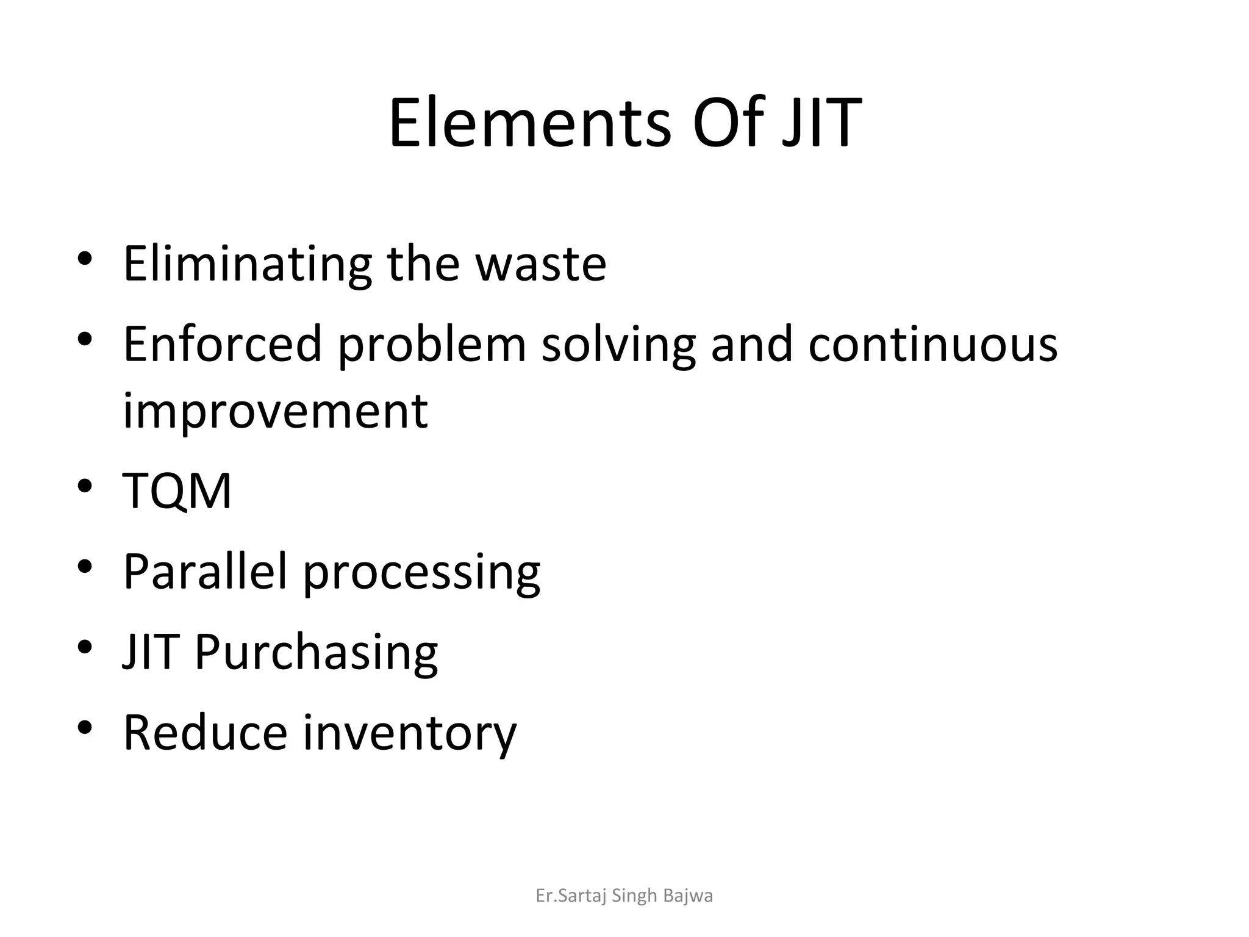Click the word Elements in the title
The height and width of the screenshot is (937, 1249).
click(x=529, y=124)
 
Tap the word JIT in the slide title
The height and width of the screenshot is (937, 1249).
click(x=821, y=124)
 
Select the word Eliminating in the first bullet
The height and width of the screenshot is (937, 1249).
click(x=248, y=264)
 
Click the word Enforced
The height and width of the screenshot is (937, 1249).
click(x=223, y=343)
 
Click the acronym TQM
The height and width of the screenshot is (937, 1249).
click(x=177, y=490)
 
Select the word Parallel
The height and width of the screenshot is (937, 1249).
click(x=205, y=571)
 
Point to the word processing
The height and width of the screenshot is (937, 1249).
click(x=421, y=573)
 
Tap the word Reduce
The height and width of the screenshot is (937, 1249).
click(x=205, y=732)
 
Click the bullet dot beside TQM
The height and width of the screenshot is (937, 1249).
click(x=85, y=486)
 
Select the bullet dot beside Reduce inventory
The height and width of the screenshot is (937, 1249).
click(x=85, y=727)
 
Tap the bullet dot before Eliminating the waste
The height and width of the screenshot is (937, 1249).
click(x=85, y=259)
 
